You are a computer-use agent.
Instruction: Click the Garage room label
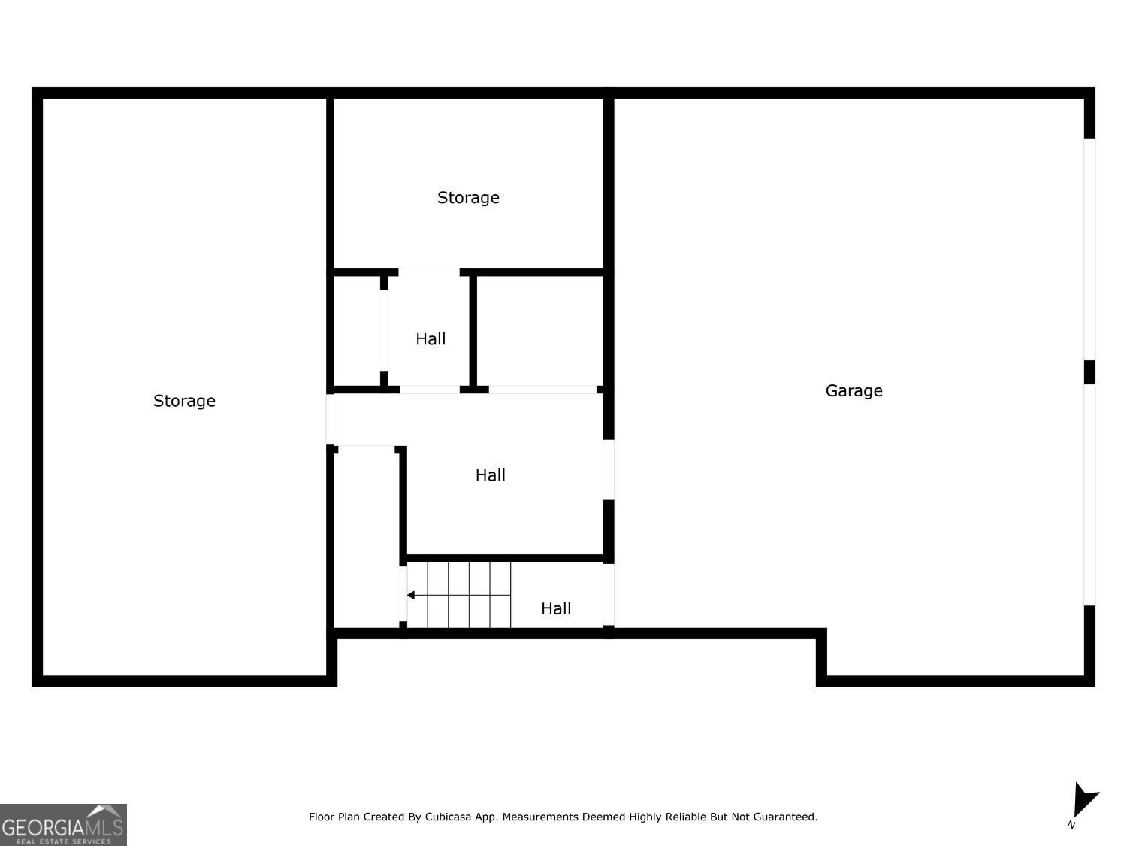[854, 390]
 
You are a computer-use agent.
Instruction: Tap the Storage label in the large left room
[184, 401]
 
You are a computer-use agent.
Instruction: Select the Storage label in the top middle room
[468, 198]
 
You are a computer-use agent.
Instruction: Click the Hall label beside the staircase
[556, 608]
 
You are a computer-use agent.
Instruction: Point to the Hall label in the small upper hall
[431, 339]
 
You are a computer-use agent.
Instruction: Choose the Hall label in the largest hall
[490, 475]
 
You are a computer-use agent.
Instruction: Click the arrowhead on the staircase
[411, 595]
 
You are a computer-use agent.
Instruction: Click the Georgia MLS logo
[63, 824]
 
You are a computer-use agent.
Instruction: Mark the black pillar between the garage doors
[1089, 372]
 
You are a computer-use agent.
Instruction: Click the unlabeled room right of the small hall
[539, 331]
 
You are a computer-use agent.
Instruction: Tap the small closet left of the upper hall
[357, 331]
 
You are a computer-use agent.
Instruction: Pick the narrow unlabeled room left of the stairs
[365, 538]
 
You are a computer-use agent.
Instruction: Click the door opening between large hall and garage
[609, 469]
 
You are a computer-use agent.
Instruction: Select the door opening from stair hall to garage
[609, 594]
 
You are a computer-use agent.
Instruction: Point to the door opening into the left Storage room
[330, 419]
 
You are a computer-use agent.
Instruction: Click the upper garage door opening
[1089, 250]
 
